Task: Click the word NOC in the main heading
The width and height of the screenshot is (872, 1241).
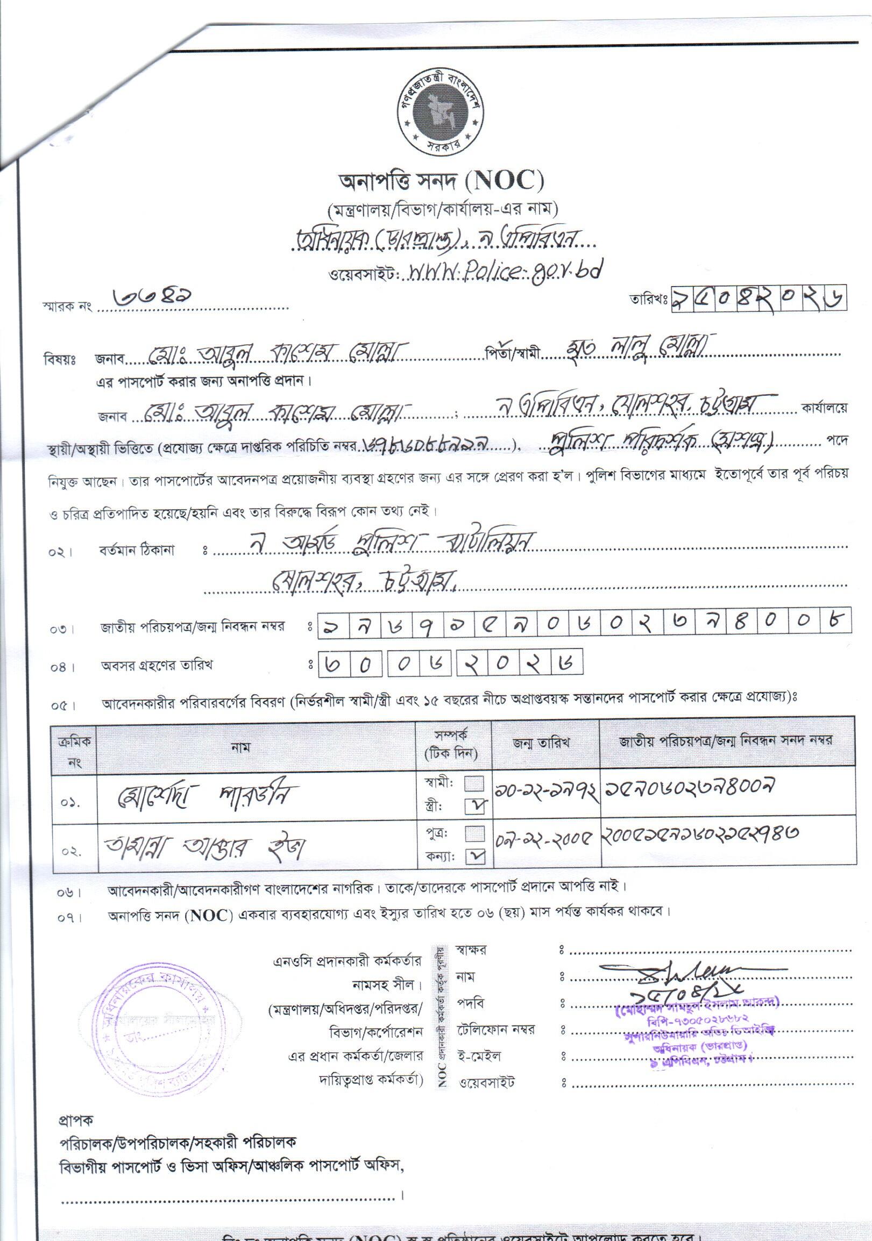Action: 507,181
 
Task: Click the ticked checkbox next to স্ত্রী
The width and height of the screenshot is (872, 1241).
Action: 475,807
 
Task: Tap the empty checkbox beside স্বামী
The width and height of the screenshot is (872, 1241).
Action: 475,784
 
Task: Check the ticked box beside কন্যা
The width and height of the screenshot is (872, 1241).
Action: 475,856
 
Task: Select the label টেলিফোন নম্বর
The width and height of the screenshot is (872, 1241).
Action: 495,1030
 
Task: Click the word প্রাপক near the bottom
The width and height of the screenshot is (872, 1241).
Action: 76,1120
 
